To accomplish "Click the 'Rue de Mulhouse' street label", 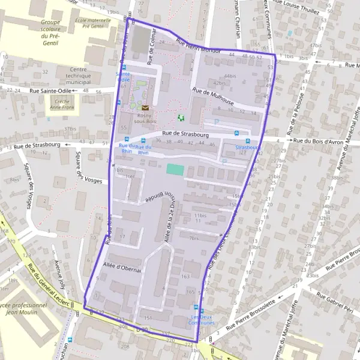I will pos(212,97).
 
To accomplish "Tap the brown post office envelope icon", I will pos(145,107).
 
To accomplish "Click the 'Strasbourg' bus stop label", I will pos(247,147).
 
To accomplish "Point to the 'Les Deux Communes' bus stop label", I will pos(202,320).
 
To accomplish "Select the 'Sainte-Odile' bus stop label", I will pos(123,76).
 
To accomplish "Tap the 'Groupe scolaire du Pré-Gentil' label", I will pos(54,29).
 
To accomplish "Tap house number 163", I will pos(185,277).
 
